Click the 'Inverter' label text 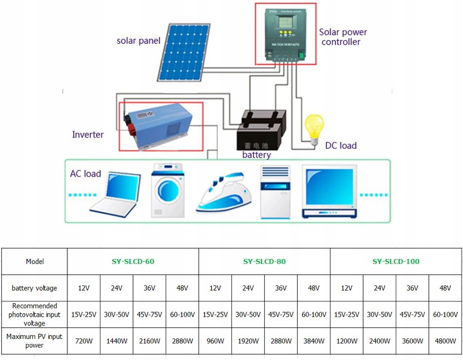[x=88, y=135]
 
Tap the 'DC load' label [x=341, y=145]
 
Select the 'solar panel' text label [x=138, y=41]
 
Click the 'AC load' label [x=85, y=174]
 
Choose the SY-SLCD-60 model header [x=133, y=261]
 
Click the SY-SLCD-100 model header [x=396, y=261]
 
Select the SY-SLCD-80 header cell [x=264, y=261]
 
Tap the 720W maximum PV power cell [x=84, y=341]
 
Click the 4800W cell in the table [x=445, y=341]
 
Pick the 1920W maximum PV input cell [x=248, y=341]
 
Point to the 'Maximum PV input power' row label [x=35, y=341]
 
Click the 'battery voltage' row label [x=35, y=288]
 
